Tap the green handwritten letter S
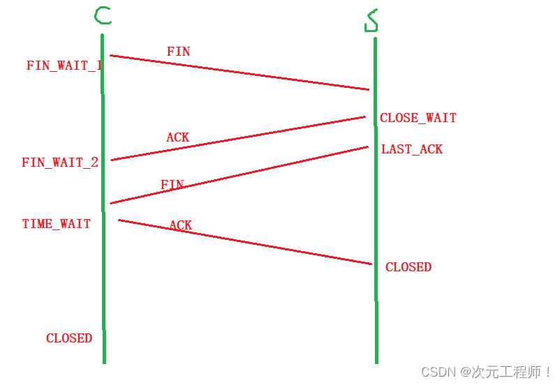(371, 20)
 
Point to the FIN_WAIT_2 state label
(60, 163)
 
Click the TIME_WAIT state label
(57, 224)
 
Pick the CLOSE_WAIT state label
(418, 118)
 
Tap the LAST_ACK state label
(412, 149)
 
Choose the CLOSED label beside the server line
(408, 267)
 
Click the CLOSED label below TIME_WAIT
(69, 338)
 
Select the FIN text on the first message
(178, 52)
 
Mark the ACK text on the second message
(177, 137)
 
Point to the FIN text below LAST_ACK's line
(172, 185)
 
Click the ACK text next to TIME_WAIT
(180, 225)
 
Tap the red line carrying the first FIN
(240, 73)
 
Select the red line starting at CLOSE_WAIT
(238, 138)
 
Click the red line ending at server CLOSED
(245, 242)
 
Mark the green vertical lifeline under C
(103, 279)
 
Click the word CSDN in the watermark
(436, 372)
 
